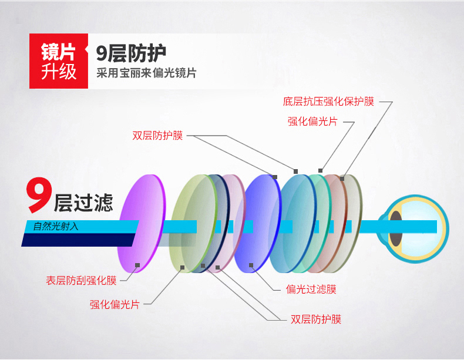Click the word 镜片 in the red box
click(58, 52)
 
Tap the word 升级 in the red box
click(59, 71)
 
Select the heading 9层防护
click(131, 53)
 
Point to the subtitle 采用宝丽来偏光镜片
click(146, 73)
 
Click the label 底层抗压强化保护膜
click(328, 102)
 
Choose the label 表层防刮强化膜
click(81, 281)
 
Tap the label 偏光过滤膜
click(311, 289)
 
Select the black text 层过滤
click(83, 203)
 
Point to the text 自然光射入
click(56, 226)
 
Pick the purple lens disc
click(142, 223)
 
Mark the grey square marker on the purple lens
click(137, 265)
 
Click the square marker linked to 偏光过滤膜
click(251, 265)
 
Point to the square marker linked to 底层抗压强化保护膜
click(342, 179)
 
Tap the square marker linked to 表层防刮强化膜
click(137, 265)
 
